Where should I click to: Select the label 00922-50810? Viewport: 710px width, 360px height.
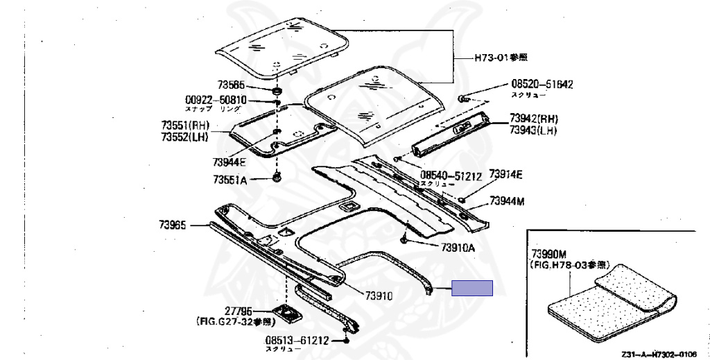(216, 100)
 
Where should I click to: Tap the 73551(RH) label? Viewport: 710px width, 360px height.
(186, 126)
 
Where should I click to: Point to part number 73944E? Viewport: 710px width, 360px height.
(230, 162)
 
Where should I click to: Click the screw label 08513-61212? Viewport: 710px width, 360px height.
(296, 341)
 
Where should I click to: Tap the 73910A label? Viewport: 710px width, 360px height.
(457, 248)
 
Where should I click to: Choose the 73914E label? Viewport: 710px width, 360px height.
(505, 173)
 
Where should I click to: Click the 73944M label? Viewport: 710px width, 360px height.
(507, 201)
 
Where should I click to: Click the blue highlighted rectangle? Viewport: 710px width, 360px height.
(472, 288)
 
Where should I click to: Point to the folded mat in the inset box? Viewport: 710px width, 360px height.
(610, 302)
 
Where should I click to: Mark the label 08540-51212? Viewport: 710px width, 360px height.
(451, 175)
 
